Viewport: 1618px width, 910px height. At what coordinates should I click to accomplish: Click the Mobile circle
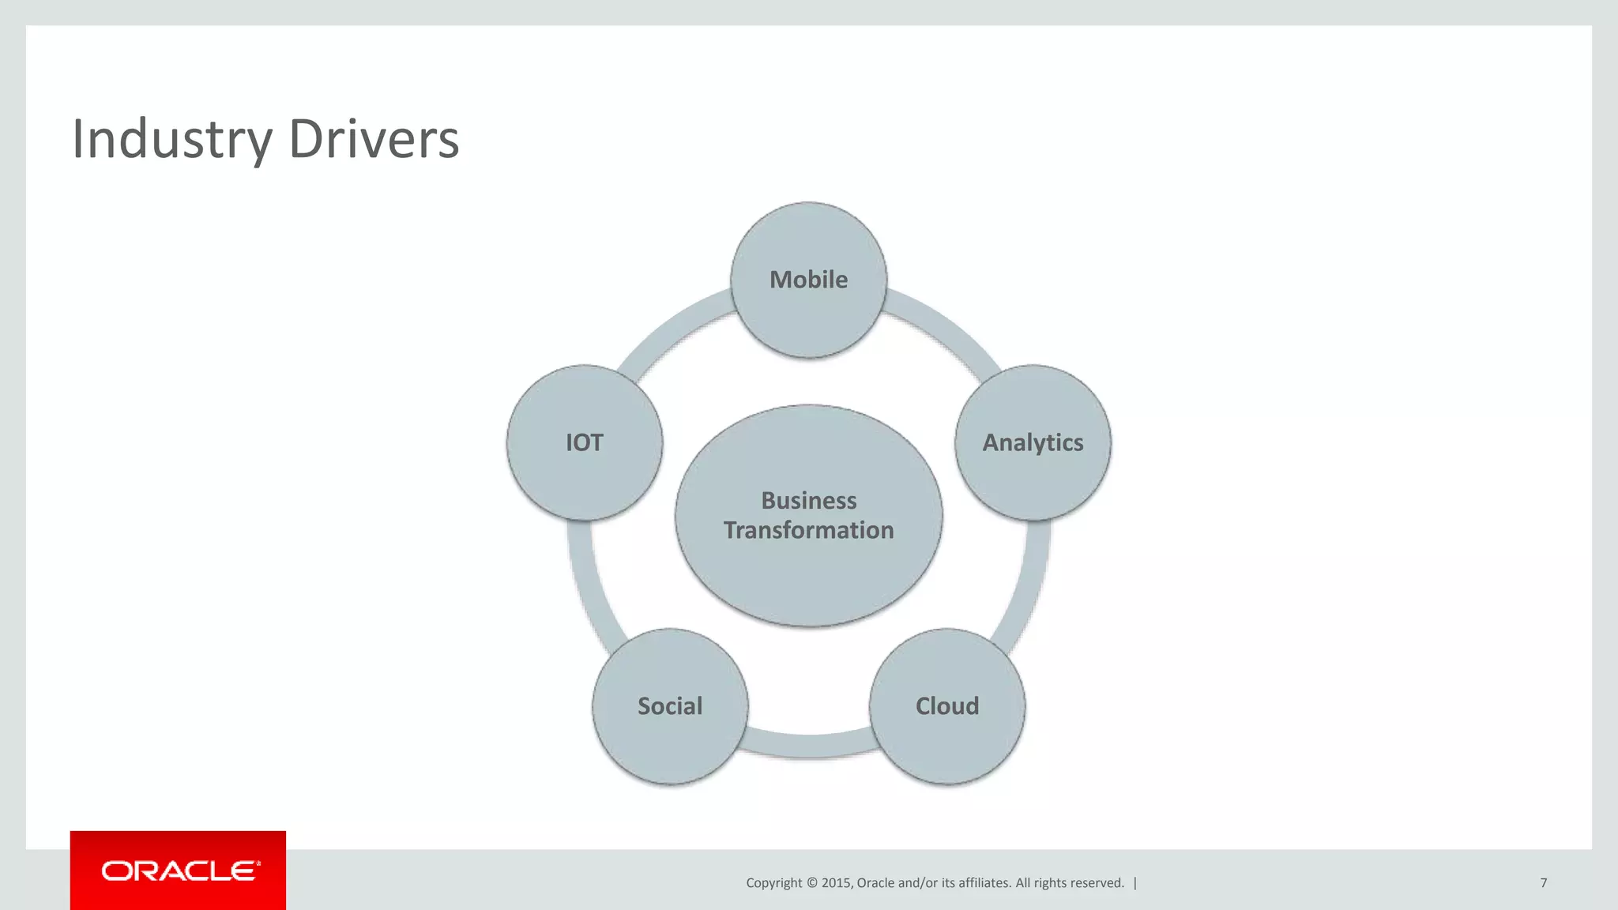(808, 280)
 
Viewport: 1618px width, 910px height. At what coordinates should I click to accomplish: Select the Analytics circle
(1033, 442)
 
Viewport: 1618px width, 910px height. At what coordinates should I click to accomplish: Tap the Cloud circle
(946, 705)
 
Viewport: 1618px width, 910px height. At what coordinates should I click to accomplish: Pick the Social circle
(670, 705)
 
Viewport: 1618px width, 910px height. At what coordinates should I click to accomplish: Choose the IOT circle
(585, 442)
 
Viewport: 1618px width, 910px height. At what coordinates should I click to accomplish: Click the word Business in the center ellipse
(808, 501)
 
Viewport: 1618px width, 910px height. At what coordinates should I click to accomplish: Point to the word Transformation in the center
(808, 530)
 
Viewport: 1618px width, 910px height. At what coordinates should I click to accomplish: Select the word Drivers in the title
(374, 139)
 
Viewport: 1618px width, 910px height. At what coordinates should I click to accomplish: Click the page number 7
(1543, 882)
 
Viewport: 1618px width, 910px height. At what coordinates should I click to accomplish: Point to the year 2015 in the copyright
(835, 883)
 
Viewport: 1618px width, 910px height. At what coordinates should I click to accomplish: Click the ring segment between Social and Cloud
(808, 745)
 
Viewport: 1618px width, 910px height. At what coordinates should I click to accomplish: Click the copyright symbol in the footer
(812, 883)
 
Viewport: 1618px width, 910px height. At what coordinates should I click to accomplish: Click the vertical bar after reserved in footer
(1135, 883)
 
